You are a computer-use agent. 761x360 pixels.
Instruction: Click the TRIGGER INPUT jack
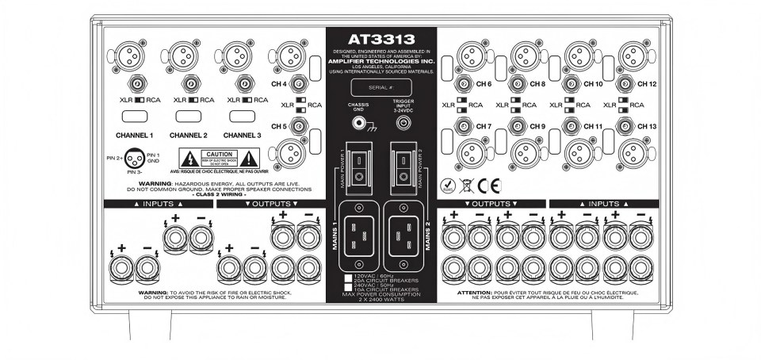pyautogui.click(x=404, y=123)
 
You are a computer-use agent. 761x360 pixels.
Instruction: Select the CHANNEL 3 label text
pyautogui.click(x=243, y=136)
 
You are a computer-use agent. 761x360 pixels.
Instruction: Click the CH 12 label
pyautogui.click(x=647, y=83)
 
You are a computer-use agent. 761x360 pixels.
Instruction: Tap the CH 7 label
pyautogui.click(x=484, y=127)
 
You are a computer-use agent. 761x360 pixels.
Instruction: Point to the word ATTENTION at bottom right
pyautogui.click(x=474, y=292)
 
